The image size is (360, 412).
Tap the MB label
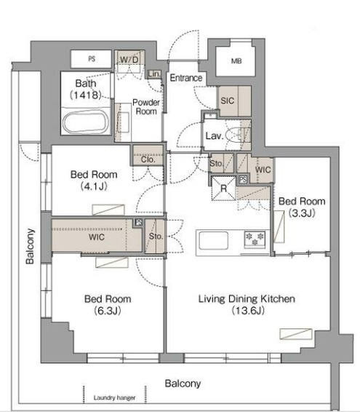click(236, 61)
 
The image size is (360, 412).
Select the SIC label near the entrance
click(228, 100)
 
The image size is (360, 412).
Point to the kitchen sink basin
click(214, 240)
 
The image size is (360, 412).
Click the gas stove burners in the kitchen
click(255, 239)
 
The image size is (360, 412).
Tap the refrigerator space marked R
click(223, 189)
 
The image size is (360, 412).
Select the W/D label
click(129, 60)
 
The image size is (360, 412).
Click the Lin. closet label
click(154, 74)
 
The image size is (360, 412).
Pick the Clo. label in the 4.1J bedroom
click(148, 159)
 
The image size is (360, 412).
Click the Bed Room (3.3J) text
click(302, 207)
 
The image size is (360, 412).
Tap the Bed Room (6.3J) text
click(108, 304)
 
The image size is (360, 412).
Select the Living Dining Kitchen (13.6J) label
click(247, 304)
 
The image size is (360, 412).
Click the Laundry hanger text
click(114, 397)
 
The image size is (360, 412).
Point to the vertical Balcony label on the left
click(30, 246)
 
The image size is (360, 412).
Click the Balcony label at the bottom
click(183, 384)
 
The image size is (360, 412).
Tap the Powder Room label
click(146, 107)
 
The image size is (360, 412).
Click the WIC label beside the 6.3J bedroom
click(97, 237)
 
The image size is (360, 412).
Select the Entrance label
click(186, 78)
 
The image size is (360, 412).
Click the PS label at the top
click(92, 58)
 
